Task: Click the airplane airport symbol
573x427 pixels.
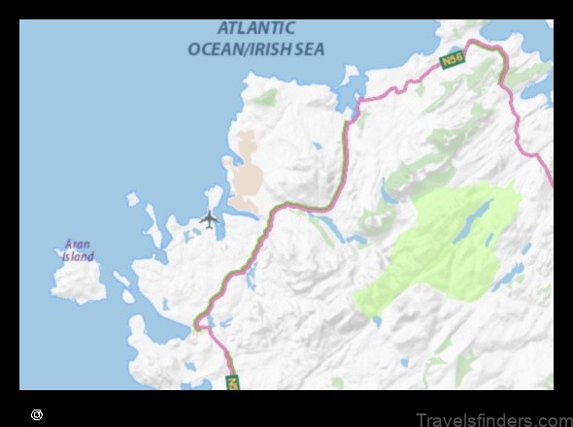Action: coord(209,219)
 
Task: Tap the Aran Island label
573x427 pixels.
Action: coord(79,251)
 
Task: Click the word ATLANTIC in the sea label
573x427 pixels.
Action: coord(257,29)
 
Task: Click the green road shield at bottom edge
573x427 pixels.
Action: coord(233,382)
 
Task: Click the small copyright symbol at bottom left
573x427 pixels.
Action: coord(37,414)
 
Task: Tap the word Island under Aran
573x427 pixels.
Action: coord(79,257)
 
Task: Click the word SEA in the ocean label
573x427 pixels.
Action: coord(306,49)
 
